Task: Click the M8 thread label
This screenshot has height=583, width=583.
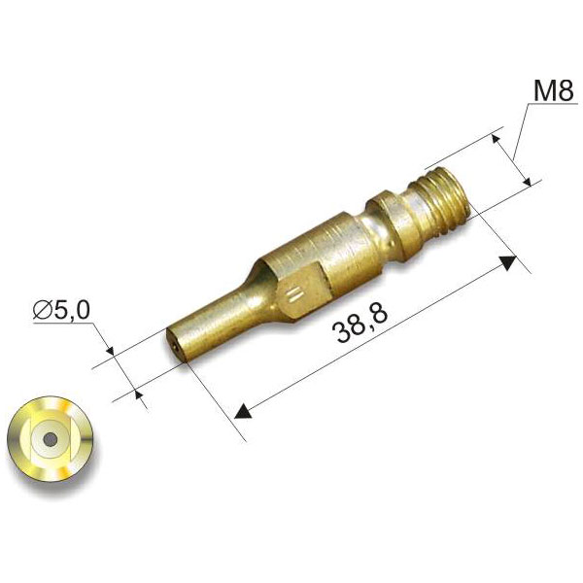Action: click(554, 90)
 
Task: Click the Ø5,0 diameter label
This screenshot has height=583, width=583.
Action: click(61, 310)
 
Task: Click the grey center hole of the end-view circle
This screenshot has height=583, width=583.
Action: click(51, 440)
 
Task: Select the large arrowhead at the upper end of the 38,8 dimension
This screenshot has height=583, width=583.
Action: click(508, 261)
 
